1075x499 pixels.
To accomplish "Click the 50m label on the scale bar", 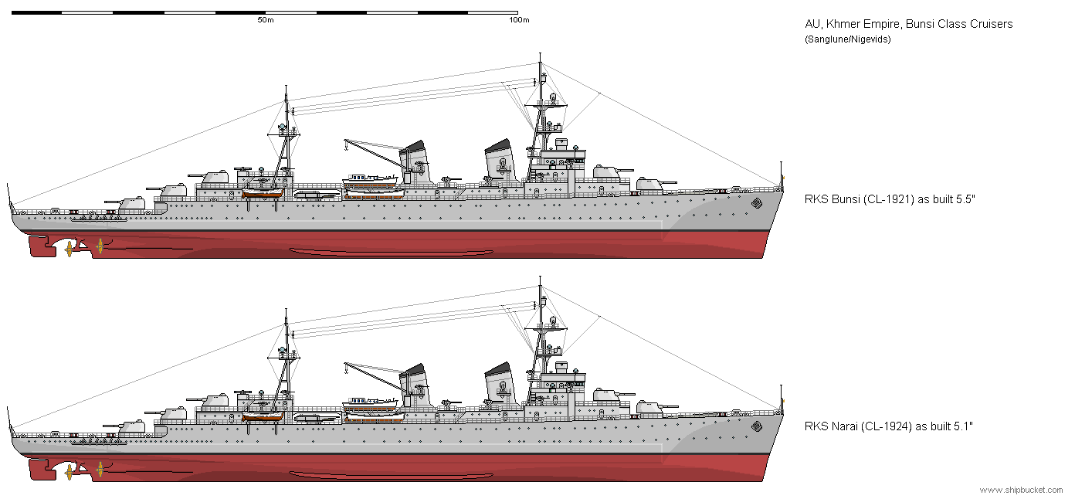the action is click(x=266, y=20).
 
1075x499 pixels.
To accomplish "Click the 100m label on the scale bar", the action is click(x=519, y=20).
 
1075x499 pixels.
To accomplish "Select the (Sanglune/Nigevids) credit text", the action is click(x=847, y=39).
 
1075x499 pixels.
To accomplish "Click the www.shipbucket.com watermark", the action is click(x=1021, y=490).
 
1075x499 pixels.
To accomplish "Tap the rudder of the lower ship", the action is click(x=41, y=469).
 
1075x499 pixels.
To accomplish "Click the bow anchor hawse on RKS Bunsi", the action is click(x=756, y=203).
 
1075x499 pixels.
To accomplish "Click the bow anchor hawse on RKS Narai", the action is click(x=756, y=426).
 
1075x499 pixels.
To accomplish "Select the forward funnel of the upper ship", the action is click(x=500, y=161).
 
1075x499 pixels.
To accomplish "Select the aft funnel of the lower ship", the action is click(x=415, y=384).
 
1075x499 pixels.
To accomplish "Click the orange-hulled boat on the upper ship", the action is click(x=263, y=193).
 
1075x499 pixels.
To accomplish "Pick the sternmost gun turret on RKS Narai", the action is click(x=125, y=426).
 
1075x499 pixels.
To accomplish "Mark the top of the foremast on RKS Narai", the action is click(x=541, y=277).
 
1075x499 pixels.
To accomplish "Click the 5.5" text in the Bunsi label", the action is click(x=966, y=199).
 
